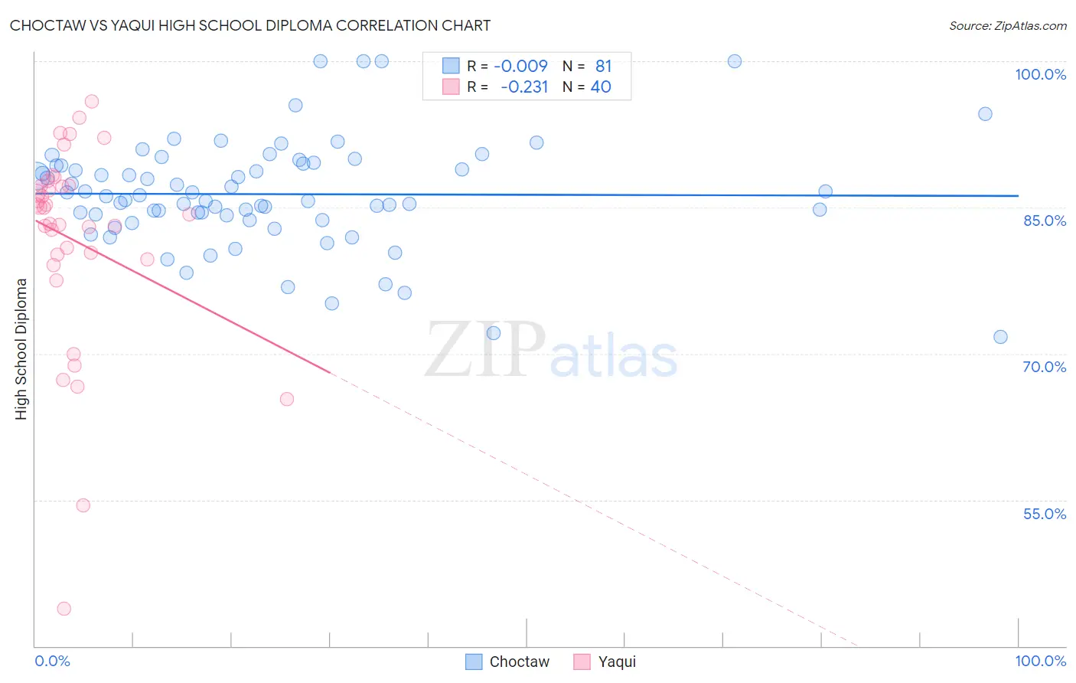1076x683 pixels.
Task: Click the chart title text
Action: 250,25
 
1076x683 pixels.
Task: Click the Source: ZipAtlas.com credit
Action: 1007,25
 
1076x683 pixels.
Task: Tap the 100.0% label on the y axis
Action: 1040,74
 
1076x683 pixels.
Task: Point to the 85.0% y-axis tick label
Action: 1044,221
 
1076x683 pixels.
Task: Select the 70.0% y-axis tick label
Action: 1044,367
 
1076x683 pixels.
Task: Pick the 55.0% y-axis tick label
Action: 1044,514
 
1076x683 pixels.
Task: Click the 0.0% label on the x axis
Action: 52,661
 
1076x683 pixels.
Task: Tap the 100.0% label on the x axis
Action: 1040,661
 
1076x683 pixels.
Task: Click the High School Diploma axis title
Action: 21,348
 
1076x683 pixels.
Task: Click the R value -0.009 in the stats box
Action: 520,66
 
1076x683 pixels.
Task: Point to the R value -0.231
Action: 524,87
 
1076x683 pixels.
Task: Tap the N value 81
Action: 603,66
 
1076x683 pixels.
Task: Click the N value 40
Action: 601,87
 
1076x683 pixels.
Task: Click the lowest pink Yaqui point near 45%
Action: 64,609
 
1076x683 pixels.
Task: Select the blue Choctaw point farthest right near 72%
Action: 1000,337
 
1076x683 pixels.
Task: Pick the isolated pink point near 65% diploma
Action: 287,399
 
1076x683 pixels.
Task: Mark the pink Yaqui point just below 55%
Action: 83,505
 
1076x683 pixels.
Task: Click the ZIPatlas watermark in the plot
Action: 551,351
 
